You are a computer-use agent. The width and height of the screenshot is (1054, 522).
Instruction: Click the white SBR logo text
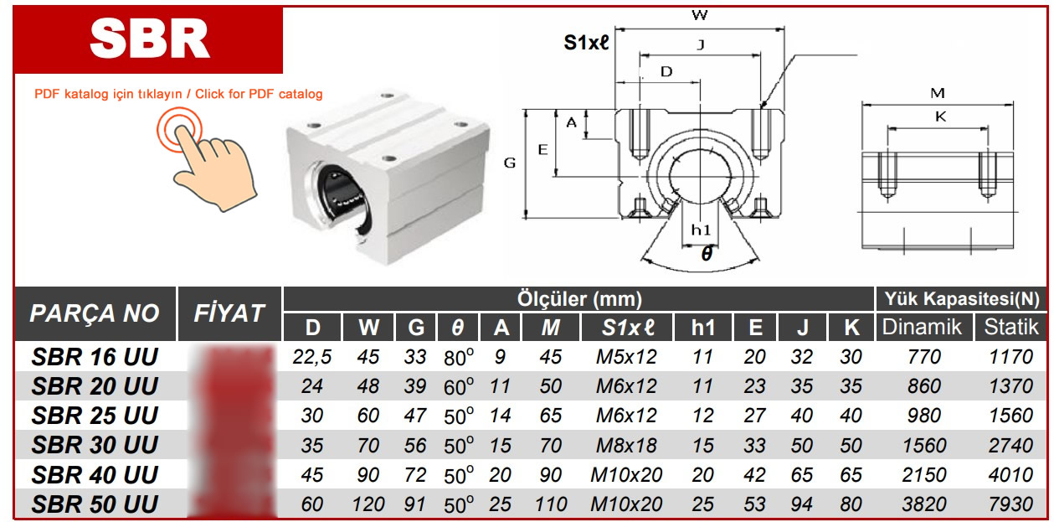coord(149,38)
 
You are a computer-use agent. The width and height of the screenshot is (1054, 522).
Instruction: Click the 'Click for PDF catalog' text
coord(259,94)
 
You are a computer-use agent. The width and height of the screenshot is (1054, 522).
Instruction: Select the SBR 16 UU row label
coord(95,358)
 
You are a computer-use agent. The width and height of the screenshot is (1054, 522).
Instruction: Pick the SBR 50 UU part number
coord(95,504)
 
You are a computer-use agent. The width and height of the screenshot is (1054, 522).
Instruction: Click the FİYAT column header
coord(229,314)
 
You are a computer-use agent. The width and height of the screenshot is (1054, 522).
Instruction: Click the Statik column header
coord(1010,327)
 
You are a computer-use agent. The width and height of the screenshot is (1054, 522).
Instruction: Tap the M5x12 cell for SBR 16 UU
coord(627,358)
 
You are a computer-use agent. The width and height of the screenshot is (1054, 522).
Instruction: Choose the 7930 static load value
coord(1010,504)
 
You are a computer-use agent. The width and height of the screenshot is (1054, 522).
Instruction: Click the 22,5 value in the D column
coord(312,358)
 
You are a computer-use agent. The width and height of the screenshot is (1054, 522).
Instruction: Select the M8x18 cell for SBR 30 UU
coord(627,446)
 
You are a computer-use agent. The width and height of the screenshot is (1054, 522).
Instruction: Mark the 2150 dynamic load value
coord(923,475)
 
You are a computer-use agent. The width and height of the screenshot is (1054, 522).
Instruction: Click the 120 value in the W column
coord(368,504)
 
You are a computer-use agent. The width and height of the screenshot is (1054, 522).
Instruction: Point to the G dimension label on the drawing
coord(509,164)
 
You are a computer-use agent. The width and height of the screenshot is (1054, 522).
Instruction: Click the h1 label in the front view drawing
coord(701,230)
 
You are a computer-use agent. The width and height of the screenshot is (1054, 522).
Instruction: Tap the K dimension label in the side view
coord(940,117)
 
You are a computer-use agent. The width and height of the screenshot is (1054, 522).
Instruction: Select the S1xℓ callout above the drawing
coord(586,44)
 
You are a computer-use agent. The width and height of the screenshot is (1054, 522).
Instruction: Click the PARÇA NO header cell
coord(95,314)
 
